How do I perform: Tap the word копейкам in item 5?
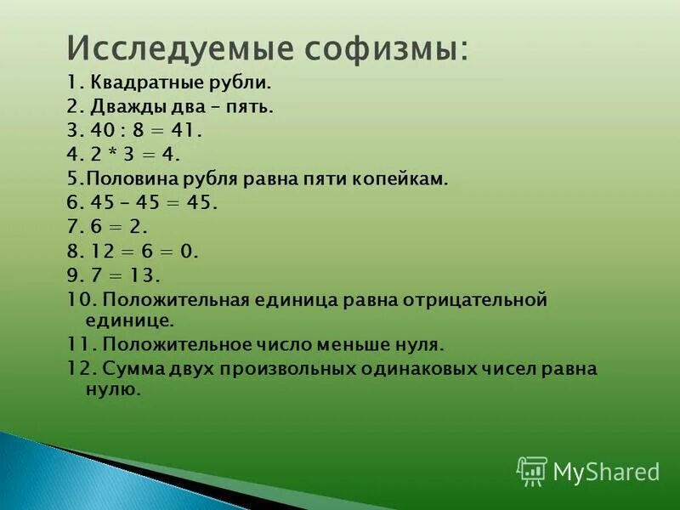[x=402, y=179]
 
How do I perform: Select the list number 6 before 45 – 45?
[x=72, y=203]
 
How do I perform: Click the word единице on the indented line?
[x=129, y=320]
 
